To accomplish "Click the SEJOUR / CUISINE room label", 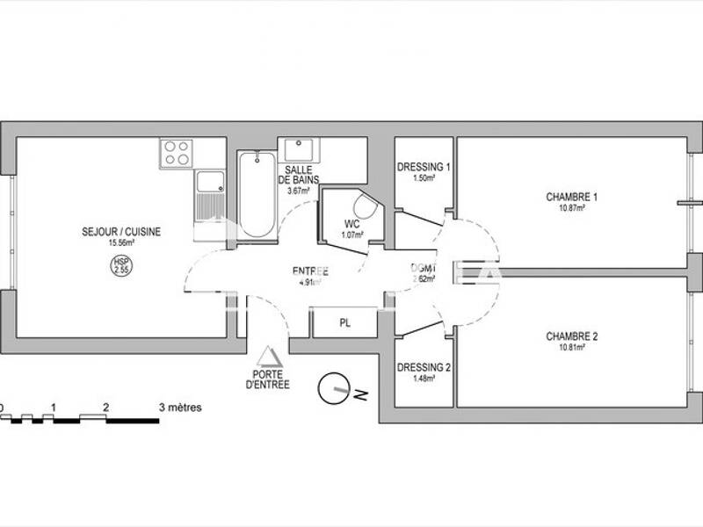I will pos(134,232).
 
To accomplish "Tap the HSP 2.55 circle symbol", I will pos(119,265).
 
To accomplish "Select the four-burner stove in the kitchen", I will pos(176,154).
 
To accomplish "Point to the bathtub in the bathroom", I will pos(257,193).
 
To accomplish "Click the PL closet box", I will pos(344,323).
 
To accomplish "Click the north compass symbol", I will pos(333,387).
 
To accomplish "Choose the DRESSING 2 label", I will pos(424,368).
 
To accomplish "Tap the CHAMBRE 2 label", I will pos(571,336).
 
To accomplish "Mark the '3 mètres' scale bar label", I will pos(180,408).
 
